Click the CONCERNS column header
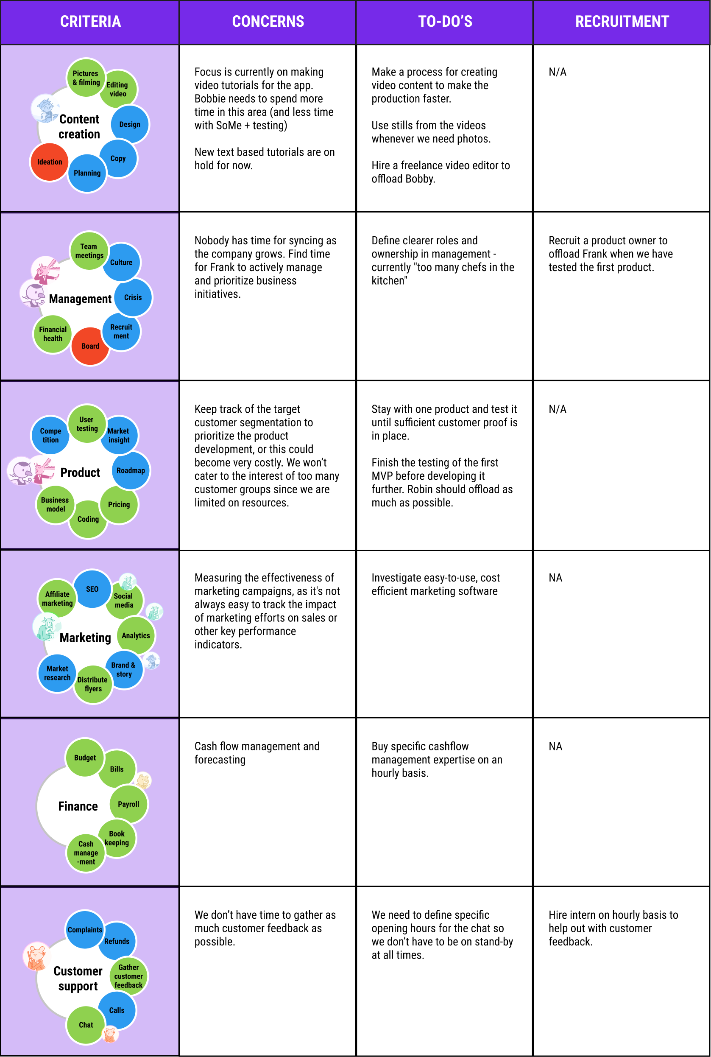[x=268, y=21]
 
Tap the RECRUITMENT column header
[x=622, y=21]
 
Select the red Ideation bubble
[x=50, y=162]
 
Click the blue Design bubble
[x=130, y=124]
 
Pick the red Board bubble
[x=90, y=346]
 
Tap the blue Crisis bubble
[x=133, y=298]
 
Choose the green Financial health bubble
[x=53, y=334]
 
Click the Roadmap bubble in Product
[x=131, y=470]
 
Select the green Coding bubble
[x=88, y=520]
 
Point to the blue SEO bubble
[x=92, y=589]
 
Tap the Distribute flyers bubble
[x=92, y=684]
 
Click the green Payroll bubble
[x=128, y=804]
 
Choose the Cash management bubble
[x=86, y=853]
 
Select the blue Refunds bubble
[x=117, y=941]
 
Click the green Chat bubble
[x=86, y=1025]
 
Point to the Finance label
[x=78, y=806]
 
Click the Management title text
[x=80, y=299]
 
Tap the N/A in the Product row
[x=557, y=409]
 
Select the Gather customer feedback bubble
[x=128, y=976]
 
